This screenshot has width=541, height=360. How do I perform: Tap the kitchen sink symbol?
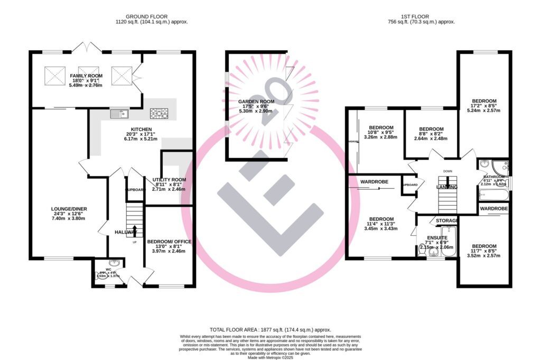(x=119, y=113)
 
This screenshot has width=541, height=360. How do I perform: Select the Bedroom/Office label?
(x=169, y=242)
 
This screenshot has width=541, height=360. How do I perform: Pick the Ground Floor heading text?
(x=152, y=16)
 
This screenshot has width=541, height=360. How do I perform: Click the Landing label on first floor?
(x=446, y=188)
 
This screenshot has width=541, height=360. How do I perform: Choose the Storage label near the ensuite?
(x=447, y=220)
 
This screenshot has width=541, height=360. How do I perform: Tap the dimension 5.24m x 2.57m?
(x=484, y=110)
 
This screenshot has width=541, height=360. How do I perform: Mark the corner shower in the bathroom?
(x=499, y=166)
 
